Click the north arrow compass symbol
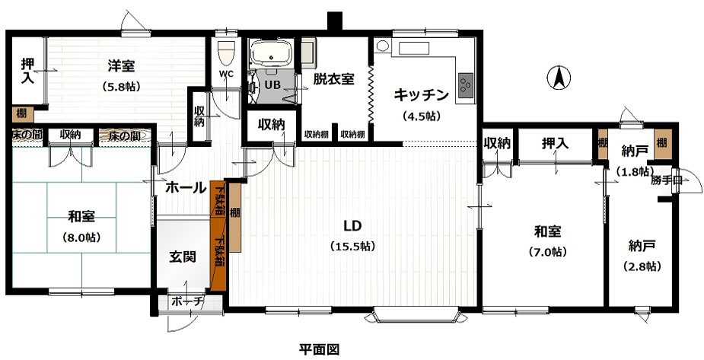coord(558,77)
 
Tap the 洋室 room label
coord(121,66)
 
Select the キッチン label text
coord(419,95)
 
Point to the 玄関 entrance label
coord(183,256)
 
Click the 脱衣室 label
coord(333,78)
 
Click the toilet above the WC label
coord(225,53)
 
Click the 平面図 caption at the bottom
coord(317,349)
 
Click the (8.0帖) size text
coord(81,237)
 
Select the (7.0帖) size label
coord(547,251)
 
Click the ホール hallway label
coord(184,186)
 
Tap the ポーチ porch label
coord(187,301)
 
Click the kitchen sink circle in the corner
coord(382,45)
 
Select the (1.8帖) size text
coord(632,171)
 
